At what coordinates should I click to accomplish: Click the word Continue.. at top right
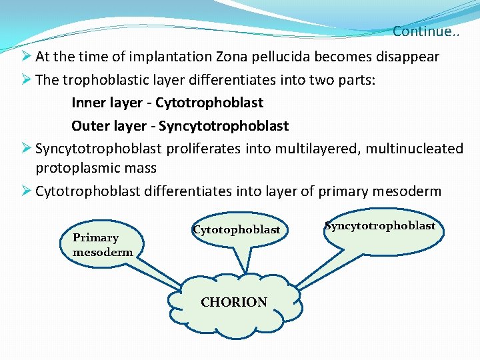tap(425, 31)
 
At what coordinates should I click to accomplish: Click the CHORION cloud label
tap(234, 302)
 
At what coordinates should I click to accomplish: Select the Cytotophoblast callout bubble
tap(237, 230)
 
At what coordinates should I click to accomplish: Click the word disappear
tap(406, 57)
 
